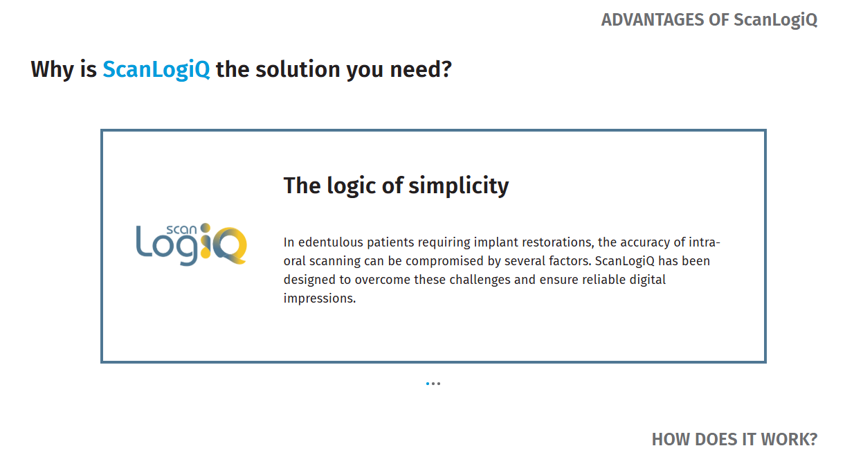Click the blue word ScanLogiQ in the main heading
point(156,70)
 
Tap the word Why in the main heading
point(52,70)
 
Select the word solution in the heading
point(298,69)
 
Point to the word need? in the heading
point(421,69)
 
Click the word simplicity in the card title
point(459,186)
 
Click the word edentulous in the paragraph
point(331,242)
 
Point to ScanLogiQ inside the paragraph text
point(624,262)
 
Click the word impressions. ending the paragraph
point(320,298)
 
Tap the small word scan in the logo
point(181,230)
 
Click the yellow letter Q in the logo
point(230,246)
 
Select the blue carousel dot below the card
point(428,384)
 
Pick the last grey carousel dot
point(439,384)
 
